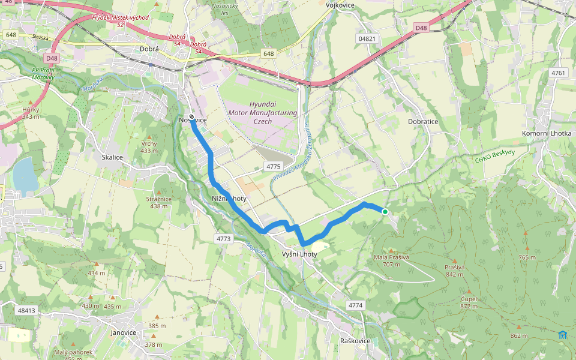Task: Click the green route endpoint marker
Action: pos(385,212)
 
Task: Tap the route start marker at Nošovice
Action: pos(191,117)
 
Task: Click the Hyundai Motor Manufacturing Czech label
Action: pos(263,113)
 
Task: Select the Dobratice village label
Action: pos(423,121)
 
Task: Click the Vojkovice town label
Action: pos(340,5)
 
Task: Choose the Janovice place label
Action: pos(124,332)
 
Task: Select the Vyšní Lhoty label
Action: pos(299,254)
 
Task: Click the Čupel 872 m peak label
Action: pos(469,302)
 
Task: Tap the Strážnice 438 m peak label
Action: pos(159,202)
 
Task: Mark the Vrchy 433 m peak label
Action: pos(149,147)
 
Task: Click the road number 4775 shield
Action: pos(274,166)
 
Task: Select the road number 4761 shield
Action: pos(558,73)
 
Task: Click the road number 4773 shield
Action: pos(223,239)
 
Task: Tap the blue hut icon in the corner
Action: pos(562,334)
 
